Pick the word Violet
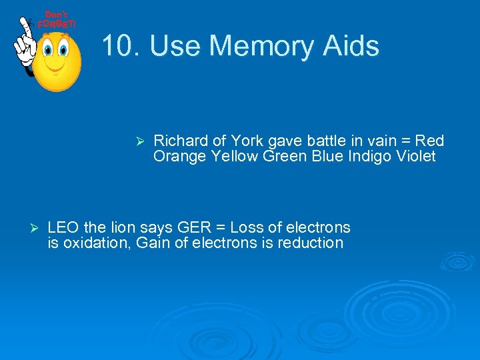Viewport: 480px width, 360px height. pos(416,157)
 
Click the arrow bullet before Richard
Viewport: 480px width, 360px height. pos(140,141)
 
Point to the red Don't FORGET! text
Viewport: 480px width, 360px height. pos(57,20)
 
